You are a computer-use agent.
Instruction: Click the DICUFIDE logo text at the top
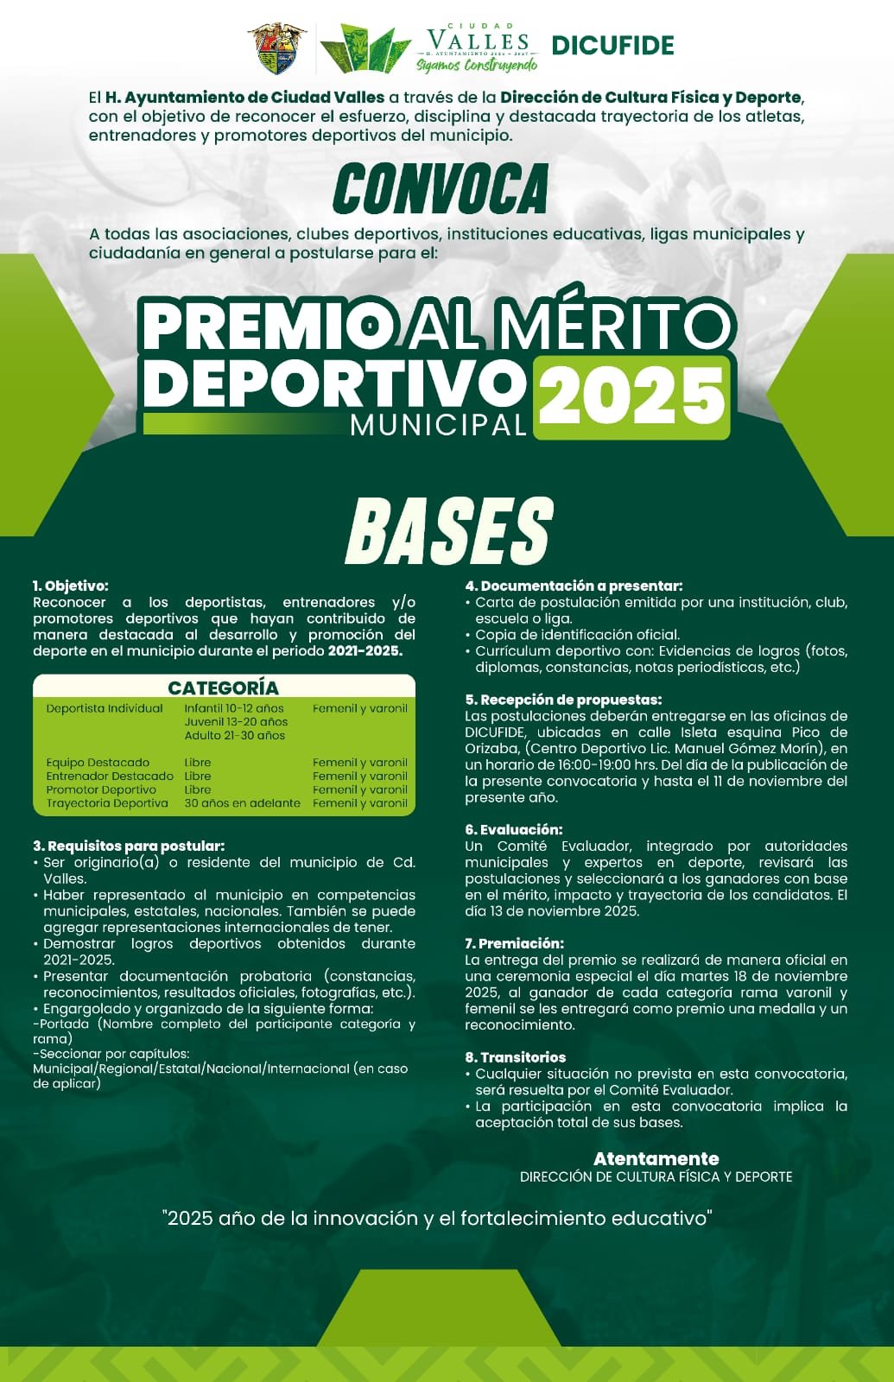pyautogui.click(x=612, y=45)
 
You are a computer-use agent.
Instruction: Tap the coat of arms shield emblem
pyautogui.click(x=277, y=48)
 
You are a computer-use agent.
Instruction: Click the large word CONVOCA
pyautogui.click(x=441, y=189)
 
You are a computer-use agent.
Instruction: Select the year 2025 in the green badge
pyautogui.click(x=631, y=396)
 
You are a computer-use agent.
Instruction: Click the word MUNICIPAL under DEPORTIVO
pyautogui.click(x=438, y=425)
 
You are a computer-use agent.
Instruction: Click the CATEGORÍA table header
pyautogui.click(x=223, y=688)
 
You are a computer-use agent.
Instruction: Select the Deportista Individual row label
pyautogui.click(x=105, y=708)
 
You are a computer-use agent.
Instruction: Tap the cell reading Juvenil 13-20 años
pyautogui.click(x=236, y=722)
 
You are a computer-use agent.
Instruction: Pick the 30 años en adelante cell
pyautogui.click(x=242, y=803)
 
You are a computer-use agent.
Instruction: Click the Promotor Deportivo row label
pyautogui.click(x=101, y=789)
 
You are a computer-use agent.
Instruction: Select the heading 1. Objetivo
pyautogui.click(x=71, y=586)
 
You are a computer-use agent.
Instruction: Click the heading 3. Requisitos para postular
pyautogui.click(x=129, y=846)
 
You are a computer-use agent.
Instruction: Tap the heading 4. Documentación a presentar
pyautogui.click(x=574, y=586)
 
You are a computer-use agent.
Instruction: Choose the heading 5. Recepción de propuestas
pyautogui.click(x=563, y=700)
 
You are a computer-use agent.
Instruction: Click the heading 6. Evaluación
pyautogui.click(x=513, y=829)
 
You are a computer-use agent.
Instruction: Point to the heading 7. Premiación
pyautogui.click(x=514, y=943)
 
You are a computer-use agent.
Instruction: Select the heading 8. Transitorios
pyautogui.click(x=515, y=1057)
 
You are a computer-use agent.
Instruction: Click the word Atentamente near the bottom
pyautogui.click(x=656, y=1158)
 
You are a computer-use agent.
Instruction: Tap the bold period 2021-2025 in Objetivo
pyautogui.click(x=365, y=651)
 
